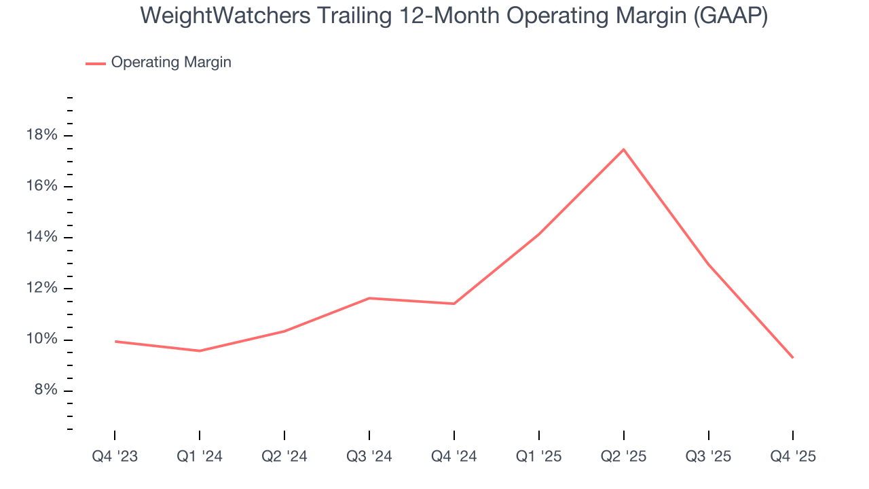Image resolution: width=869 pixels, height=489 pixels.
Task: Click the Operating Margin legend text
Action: click(171, 62)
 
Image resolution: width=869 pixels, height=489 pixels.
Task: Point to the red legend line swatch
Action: click(95, 63)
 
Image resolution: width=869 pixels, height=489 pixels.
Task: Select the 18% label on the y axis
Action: click(42, 135)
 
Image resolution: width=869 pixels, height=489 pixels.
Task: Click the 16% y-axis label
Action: click(42, 186)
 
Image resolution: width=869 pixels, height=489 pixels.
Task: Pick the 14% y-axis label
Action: click(42, 237)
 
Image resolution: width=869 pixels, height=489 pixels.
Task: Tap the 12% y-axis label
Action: click(42, 288)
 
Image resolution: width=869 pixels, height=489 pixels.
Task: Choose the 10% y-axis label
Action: click(42, 340)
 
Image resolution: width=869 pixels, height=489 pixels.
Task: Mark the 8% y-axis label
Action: click(44, 391)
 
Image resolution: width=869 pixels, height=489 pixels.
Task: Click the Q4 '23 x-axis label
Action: click(115, 456)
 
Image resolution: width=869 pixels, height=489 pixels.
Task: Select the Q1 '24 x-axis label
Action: click(200, 456)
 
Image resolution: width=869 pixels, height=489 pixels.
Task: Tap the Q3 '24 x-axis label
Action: click(369, 456)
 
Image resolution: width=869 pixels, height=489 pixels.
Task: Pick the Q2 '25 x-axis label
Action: click(623, 456)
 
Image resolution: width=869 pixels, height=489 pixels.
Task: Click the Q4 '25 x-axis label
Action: click(793, 456)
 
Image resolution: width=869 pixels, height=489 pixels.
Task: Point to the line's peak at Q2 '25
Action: click(623, 149)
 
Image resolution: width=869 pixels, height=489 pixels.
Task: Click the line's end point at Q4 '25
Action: click(793, 357)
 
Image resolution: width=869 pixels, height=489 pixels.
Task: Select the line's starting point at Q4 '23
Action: click(115, 341)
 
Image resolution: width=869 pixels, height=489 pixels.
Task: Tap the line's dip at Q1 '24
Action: click(200, 350)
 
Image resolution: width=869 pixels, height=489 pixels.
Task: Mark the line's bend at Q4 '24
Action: click(454, 304)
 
